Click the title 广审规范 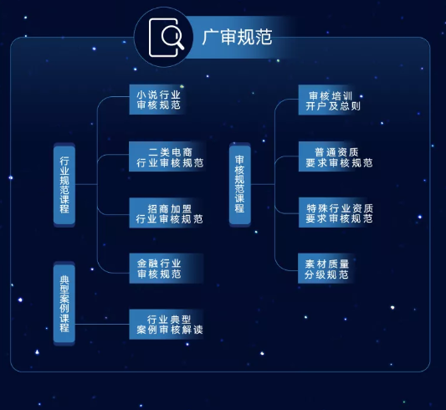pos(237,37)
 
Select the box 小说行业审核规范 pos(158,100)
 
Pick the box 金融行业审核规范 pos(158,269)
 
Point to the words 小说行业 pos(158,95)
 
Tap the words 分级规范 pos(326,274)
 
